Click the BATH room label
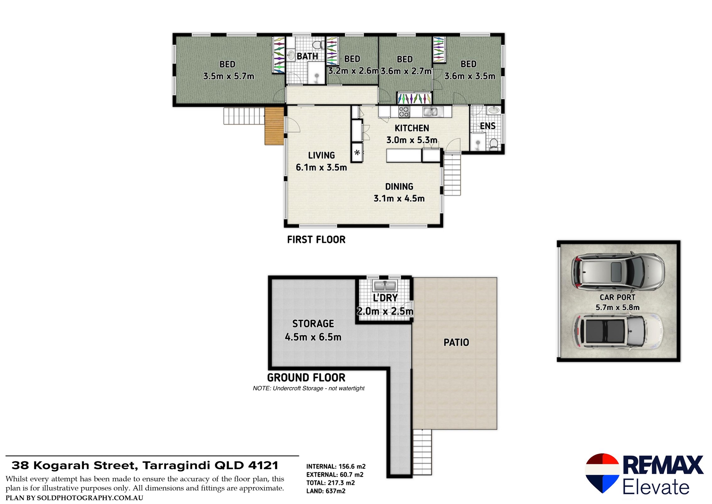307,56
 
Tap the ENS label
487,126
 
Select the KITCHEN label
412,128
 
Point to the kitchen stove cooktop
404,112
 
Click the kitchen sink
433,111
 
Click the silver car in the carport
618,271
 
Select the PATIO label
456,342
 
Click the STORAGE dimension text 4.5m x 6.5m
313,337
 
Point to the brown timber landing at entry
274,126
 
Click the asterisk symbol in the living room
357,153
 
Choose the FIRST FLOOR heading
316,240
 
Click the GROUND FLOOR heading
306,377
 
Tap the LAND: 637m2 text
326,491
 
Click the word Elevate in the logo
656,487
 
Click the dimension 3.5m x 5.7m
228,76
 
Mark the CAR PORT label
617,297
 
